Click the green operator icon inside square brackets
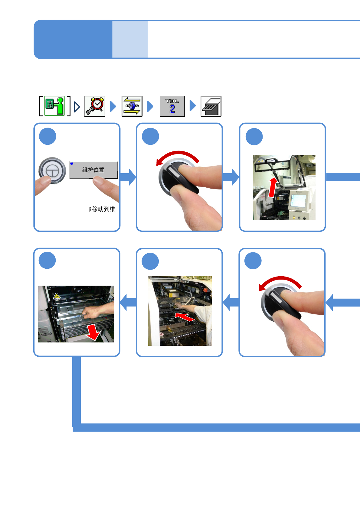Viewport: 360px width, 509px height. (x=55, y=106)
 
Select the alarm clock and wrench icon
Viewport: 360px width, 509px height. (x=95, y=106)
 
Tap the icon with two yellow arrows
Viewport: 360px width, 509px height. (x=132, y=106)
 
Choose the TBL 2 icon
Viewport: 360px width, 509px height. (x=172, y=106)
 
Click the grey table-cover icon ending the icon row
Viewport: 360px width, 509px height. (x=211, y=106)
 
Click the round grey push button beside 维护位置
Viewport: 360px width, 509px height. (x=52, y=170)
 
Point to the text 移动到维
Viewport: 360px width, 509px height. (x=102, y=209)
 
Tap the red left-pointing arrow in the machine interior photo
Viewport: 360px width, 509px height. (x=185, y=317)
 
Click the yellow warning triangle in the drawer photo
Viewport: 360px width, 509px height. (x=57, y=296)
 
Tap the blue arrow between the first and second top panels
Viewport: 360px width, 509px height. (x=128, y=177)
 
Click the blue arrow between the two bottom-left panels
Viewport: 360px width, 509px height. (x=128, y=302)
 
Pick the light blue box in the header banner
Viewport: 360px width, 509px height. (x=130, y=39)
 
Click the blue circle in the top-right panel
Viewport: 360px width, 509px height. (x=254, y=137)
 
